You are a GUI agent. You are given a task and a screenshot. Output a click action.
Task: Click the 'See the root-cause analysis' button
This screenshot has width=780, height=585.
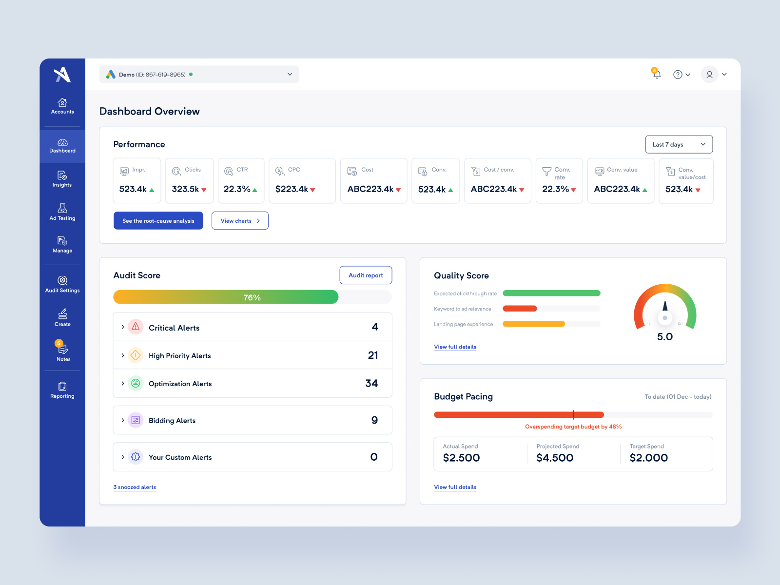[x=158, y=221]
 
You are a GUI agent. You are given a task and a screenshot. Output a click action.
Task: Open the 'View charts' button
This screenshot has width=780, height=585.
[x=240, y=221]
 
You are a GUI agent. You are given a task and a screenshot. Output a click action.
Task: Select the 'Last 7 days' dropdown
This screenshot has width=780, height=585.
[x=679, y=144]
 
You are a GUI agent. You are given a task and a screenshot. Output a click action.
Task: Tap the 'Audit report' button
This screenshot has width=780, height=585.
[x=366, y=275]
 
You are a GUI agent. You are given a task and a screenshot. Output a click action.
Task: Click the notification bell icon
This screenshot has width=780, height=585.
[x=657, y=75]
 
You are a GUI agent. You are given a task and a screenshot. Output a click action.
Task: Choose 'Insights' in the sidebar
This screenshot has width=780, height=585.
[x=62, y=179]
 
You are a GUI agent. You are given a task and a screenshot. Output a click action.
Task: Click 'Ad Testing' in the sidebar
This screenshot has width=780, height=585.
[x=62, y=212]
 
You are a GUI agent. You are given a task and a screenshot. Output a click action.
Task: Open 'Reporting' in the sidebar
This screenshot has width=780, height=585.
[x=62, y=390]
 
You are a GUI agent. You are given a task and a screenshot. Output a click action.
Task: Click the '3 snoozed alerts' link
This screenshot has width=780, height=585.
[x=135, y=487]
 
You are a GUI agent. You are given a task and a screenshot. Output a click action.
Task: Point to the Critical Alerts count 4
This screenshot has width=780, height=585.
[x=374, y=327]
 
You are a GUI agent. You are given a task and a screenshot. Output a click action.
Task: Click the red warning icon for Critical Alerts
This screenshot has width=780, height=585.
[x=136, y=327]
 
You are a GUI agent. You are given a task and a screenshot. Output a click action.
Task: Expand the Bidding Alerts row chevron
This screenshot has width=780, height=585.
[x=122, y=420]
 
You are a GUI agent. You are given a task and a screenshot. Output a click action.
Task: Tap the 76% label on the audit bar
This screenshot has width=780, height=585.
[x=252, y=297]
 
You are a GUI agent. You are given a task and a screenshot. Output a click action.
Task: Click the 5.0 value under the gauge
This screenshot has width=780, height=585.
[x=664, y=337]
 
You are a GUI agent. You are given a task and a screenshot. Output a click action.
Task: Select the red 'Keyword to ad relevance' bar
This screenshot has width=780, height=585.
[x=520, y=309]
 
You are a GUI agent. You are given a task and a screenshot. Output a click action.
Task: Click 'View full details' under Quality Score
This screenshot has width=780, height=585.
[x=455, y=347]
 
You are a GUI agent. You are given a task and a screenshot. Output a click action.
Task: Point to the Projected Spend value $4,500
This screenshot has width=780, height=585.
[x=555, y=458]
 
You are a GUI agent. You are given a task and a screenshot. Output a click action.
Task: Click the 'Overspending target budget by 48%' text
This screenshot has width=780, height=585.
[x=573, y=427]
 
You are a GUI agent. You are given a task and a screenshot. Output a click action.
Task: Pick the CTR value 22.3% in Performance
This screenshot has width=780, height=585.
[x=237, y=189]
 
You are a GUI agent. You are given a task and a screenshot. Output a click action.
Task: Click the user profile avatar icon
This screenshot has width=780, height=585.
[x=709, y=75]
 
